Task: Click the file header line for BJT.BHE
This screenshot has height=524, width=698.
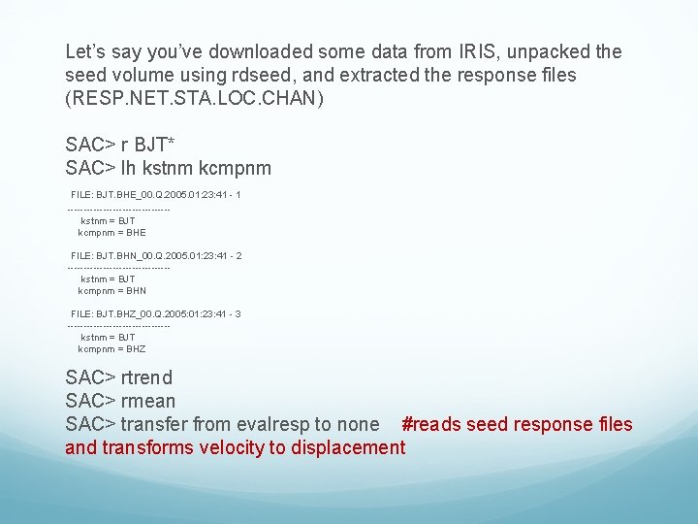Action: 155,195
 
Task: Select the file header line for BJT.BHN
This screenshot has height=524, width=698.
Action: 155,255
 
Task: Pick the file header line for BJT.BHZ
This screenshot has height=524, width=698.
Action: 155,314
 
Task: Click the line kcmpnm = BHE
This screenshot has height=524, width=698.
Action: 111,233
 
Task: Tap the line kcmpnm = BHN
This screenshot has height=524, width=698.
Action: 111,291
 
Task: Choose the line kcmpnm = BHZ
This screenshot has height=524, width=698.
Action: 111,349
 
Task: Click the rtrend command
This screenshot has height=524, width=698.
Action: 146,377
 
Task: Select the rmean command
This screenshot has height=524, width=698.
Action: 148,401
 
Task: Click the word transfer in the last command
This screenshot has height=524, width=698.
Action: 154,424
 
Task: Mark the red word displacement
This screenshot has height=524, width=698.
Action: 347,447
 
